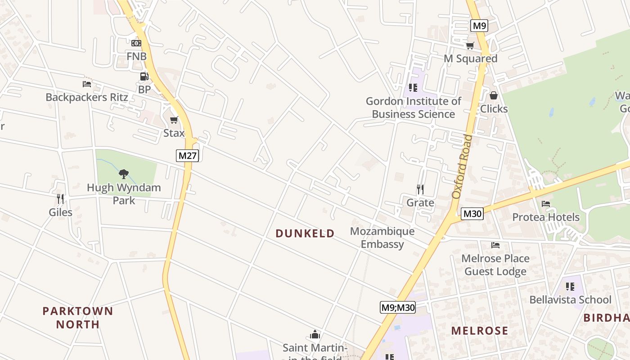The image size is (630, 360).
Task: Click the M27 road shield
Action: point(187,156)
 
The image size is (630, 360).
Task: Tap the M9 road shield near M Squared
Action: point(479,26)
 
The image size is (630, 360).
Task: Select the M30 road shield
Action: point(472,214)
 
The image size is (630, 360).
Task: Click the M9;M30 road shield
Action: point(398,307)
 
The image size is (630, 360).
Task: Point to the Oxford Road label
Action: point(463,166)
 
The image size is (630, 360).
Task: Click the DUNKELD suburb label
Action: point(305,233)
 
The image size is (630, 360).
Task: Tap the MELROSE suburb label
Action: point(480,331)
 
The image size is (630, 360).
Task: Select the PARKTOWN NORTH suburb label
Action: point(78,317)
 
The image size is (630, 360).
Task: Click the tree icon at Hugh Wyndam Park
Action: point(124,174)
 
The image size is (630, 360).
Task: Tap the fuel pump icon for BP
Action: point(144,76)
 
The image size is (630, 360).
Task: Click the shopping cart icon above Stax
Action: point(174,120)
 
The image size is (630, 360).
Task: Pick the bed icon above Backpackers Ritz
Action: point(87,84)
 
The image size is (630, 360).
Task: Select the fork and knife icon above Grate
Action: point(420,189)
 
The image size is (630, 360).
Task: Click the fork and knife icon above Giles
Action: point(60,198)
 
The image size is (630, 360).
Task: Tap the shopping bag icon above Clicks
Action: point(494,95)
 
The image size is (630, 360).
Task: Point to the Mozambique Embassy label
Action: point(382,238)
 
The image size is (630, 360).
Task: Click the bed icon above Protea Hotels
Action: point(546,204)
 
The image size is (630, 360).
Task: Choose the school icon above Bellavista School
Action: point(570,286)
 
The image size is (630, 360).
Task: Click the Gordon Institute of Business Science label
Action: point(413,108)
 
